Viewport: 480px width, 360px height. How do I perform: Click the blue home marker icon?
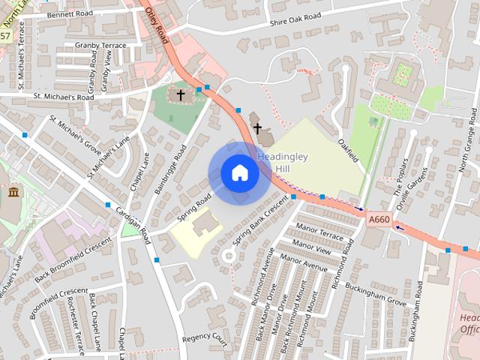pos(239,173)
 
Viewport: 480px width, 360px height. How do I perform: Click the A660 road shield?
pos(379,219)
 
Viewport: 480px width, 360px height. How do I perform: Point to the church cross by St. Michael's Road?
pos(180,94)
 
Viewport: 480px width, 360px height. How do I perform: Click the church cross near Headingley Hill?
pos(257,128)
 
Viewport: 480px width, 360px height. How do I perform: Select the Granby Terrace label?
pos(101,45)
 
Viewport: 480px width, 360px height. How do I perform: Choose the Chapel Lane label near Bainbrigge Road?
pos(139,171)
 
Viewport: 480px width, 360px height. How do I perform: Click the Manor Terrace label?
pos(320,231)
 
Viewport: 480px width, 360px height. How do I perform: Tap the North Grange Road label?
pos(469,142)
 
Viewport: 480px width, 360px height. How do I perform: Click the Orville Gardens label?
pos(421,184)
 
